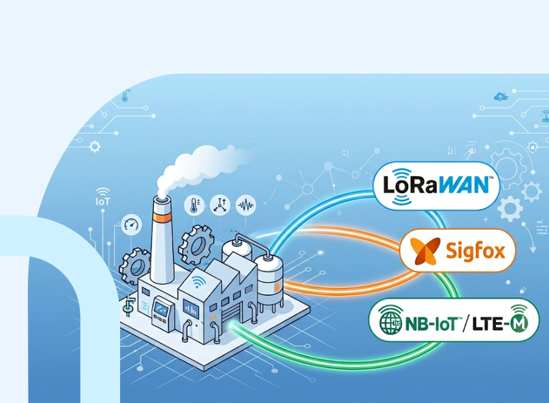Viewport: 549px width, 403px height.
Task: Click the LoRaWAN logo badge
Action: click(x=436, y=185)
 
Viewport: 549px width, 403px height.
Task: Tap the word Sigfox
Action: click(x=475, y=251)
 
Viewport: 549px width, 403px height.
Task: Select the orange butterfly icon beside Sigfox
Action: click(x=425, y=251)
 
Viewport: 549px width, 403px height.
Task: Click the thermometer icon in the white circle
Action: click(x=194, y=205)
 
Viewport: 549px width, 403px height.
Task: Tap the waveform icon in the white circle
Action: click(x=246, y=205)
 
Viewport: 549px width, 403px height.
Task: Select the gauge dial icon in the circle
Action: click(x=131, y=225)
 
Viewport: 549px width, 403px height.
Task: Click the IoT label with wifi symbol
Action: click(x=103, y=197)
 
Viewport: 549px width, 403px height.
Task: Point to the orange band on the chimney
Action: click(x=163, y=218)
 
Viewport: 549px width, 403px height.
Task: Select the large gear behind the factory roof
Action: click(x=196, y=245)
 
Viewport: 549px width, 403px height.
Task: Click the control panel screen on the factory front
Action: click(x=161, y=307)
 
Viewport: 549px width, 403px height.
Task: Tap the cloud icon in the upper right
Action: click(x=501, y=96)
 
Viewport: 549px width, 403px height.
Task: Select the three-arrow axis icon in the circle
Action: click(x=220, y=205)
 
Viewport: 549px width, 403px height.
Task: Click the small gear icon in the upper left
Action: click(x=94, y=146)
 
